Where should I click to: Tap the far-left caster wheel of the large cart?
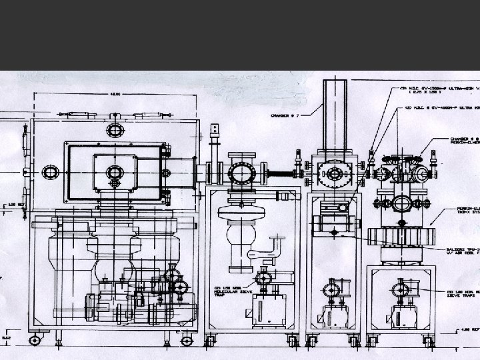tap(34, 341)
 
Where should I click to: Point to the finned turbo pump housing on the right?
tap(403, 235)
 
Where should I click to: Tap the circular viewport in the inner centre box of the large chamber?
tap(115, 172)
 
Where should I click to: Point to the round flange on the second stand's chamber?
tap(240, 173)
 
